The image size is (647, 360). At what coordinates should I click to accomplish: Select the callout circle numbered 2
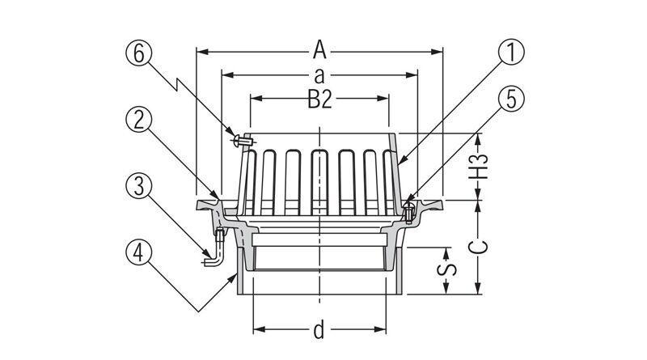[x=138, y=120]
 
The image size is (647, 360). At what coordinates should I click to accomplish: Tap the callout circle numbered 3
[x=138, y=187]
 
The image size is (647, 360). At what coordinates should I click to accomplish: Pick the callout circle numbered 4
[x=138, y=253]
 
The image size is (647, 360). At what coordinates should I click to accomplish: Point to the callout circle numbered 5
[x=510, y=99]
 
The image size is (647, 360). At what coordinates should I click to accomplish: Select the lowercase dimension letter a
[x=319, y=76]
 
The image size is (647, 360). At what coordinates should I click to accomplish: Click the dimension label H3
[x=480, y=167]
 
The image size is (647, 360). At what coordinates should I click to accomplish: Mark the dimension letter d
[x=319, y=329]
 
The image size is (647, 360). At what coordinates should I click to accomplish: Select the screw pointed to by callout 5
[x=408, y=213]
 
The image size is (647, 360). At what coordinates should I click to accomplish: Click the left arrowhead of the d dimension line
[x=258, y=329]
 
